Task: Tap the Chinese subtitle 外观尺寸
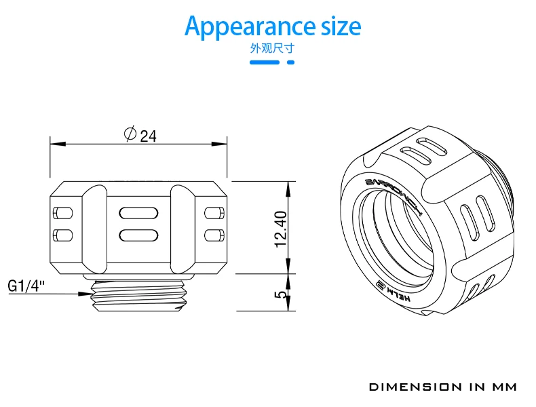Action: [x=272, y=48]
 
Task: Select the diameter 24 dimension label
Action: [x=140, y=134]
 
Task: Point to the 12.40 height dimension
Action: [x=281, y=229]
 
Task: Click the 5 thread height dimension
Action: [x=281, y=294]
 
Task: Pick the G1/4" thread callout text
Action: [x=26, y=286]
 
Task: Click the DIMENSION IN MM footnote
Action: [x=443, y=387]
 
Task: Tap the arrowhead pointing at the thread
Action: [x=85, y=294]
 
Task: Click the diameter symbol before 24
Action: [x=130, y=134]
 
